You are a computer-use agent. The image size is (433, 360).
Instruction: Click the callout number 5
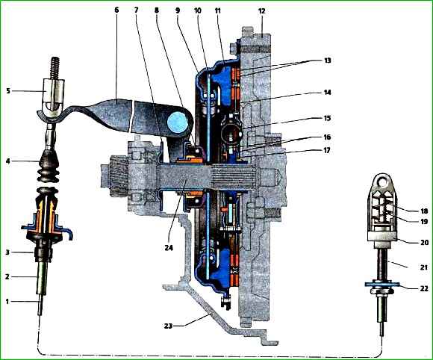[x=8, y=90]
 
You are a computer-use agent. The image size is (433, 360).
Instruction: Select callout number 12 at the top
[x=261, y=11]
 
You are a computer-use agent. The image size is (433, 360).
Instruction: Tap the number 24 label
[x=169, y=248]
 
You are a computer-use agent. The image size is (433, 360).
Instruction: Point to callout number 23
[x=169, y=326]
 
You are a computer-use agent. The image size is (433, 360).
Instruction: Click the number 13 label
[x=327, y=60]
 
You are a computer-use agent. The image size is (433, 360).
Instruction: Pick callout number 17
[x=327, y=151]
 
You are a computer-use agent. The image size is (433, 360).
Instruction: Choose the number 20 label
[x=424, y=242]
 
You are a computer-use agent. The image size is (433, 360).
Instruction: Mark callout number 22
[x=424, y=288]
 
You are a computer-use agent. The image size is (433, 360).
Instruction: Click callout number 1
[x=7, y=302]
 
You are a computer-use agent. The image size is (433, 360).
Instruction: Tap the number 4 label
[x=7, y=161]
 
